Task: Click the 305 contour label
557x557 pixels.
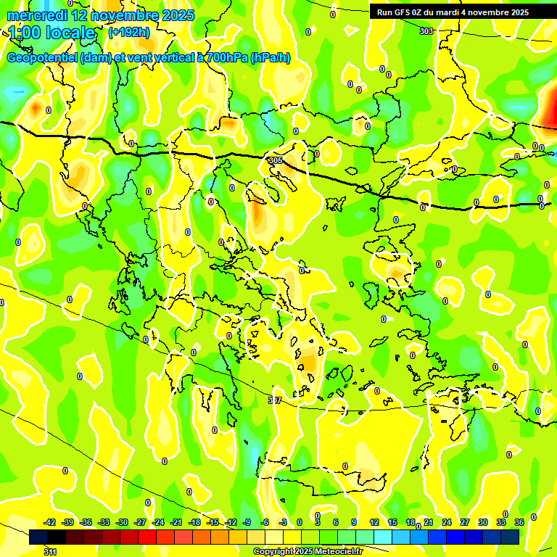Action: (274, 160)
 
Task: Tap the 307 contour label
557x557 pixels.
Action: (274, 400)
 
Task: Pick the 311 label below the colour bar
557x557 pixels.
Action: (49, 553)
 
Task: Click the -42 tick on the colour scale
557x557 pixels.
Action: (49, 522)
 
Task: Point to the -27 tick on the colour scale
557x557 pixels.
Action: (140, 522)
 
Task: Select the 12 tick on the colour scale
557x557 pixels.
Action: (374, 522)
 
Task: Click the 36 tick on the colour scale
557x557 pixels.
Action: (519, 522)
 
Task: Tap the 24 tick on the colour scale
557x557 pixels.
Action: (447, 522)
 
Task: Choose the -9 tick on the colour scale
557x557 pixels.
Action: (247, 522)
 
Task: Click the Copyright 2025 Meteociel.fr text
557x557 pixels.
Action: (307, 552)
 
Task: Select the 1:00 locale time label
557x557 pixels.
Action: (52, 33)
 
